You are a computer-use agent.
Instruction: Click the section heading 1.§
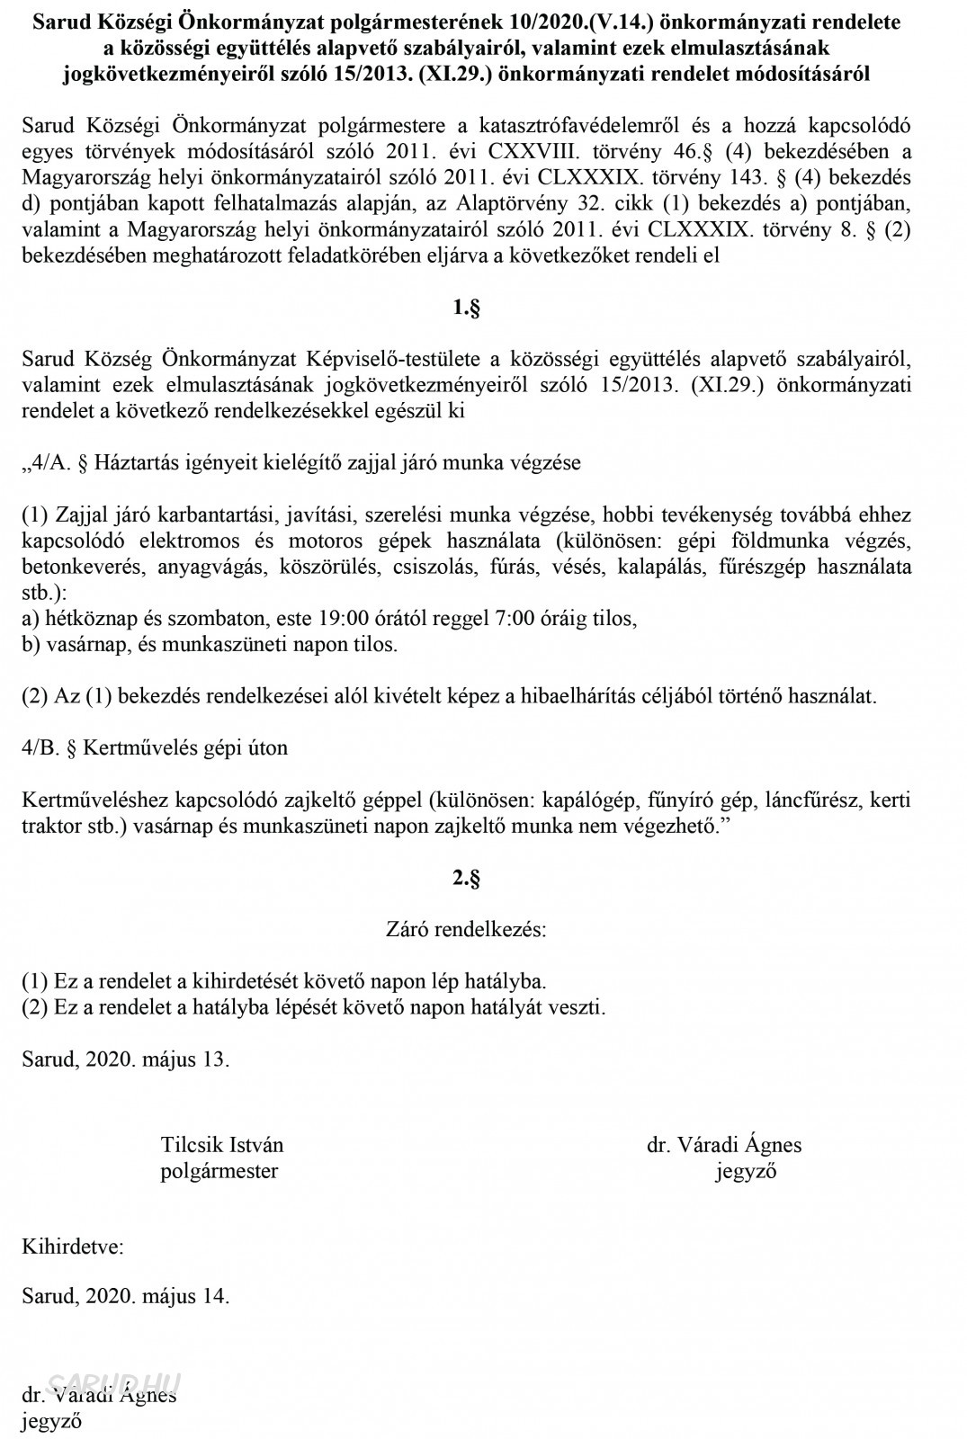pos(466,308)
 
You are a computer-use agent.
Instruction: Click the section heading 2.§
pos(466,878)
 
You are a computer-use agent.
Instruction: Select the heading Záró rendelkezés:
pos(466,929)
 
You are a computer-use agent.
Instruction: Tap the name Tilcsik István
pos(221,1145)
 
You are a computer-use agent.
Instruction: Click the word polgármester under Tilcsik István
pos(219,1170)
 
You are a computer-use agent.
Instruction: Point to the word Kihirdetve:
pos(73,1247)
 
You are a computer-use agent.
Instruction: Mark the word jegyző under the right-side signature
pos(746,1170)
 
